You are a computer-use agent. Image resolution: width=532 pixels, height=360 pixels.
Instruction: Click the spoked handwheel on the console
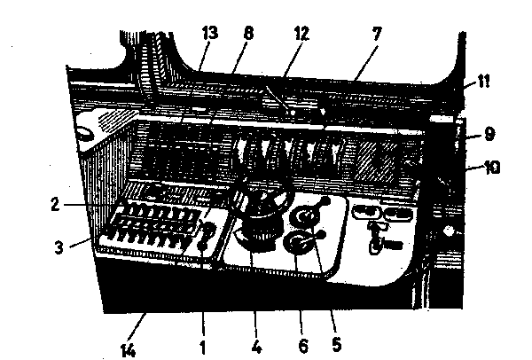pos(260,197)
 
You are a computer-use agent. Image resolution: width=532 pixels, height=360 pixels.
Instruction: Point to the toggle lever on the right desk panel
pos(377,237)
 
